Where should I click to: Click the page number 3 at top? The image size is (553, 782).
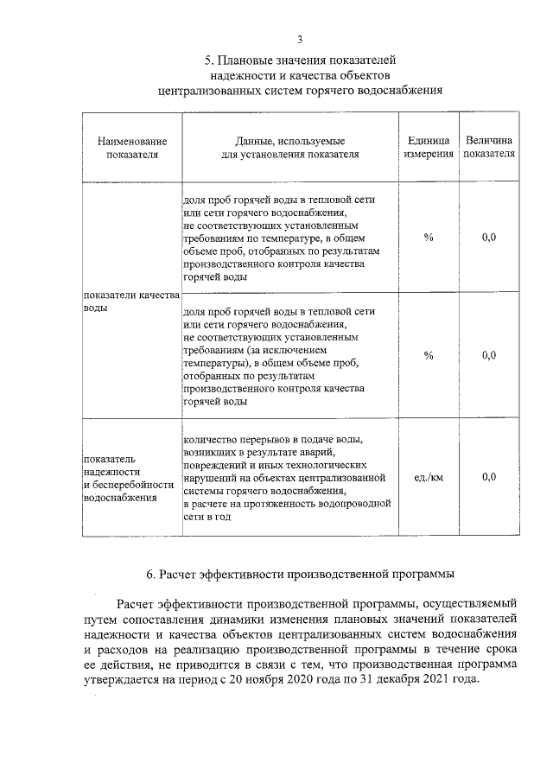tap(299, 39)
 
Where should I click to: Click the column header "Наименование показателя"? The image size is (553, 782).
tap(132, 147)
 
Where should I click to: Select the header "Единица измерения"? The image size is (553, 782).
tap(429, 147)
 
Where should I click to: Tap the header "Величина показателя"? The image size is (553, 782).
tap(489, 147)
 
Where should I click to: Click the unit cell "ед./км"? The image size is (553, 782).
tap(429, 477)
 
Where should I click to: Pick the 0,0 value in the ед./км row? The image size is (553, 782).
tap(489, 477)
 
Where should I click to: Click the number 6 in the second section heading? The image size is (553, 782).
tap(150, 574)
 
